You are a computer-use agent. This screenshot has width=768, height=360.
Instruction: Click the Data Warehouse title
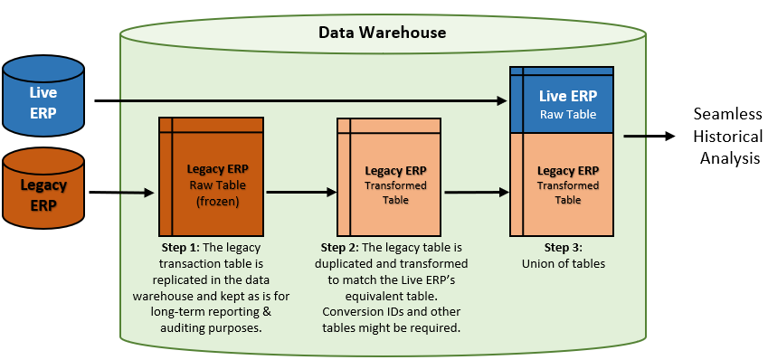[382, 33]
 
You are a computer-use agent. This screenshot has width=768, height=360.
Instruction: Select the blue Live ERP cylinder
[43, 94]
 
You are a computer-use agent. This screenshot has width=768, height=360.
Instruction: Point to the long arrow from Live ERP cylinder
[299, 101]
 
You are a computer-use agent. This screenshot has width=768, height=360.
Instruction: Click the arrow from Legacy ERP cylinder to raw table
[123, 193]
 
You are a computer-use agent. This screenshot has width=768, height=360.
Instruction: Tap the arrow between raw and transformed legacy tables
[299, 192]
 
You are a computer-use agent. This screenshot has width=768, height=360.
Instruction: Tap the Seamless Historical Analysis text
[727, 136]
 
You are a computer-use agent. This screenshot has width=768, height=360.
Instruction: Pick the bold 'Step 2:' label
[342, 247]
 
